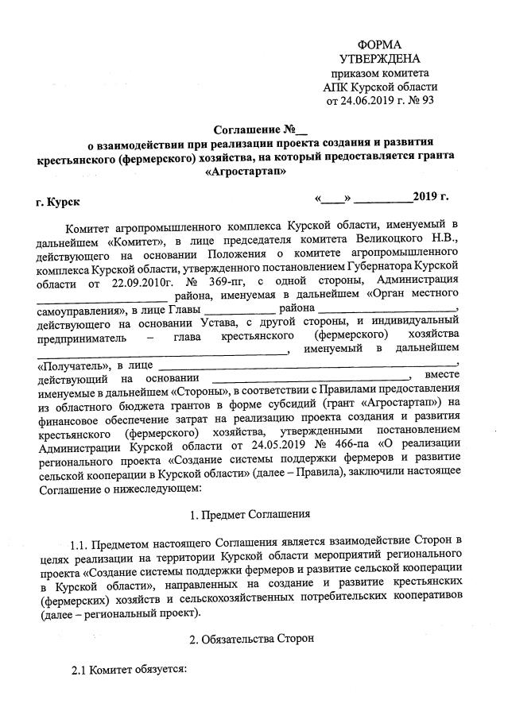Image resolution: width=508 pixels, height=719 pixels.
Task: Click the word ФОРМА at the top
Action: click(x=379, y=44)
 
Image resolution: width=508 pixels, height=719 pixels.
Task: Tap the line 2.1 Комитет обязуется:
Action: click(x=128, y=671)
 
